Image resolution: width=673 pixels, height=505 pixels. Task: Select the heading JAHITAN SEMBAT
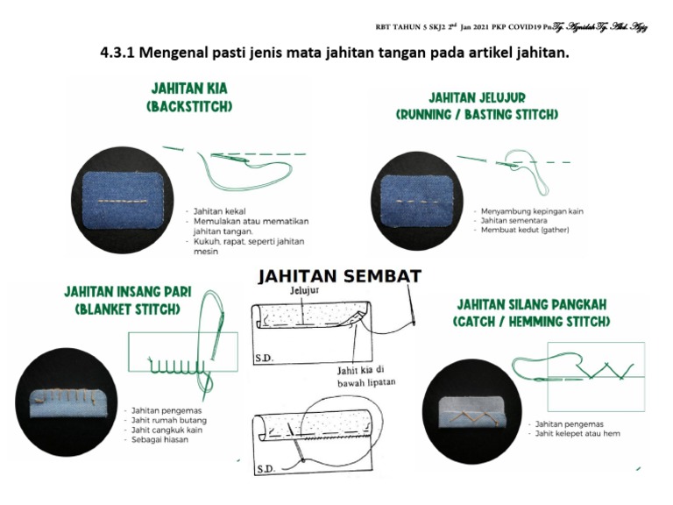339,276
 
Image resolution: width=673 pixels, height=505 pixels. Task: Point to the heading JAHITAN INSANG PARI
127,292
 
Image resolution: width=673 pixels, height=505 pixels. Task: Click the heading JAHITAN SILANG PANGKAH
531,305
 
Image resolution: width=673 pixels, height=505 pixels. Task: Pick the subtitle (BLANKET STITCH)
127,309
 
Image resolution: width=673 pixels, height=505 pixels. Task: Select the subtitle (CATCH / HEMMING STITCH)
531,322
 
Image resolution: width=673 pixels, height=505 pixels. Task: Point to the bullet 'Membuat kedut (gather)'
524,230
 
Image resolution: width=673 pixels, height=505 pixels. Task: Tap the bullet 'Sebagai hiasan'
160,439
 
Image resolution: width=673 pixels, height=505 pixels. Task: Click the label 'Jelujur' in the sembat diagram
301,289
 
